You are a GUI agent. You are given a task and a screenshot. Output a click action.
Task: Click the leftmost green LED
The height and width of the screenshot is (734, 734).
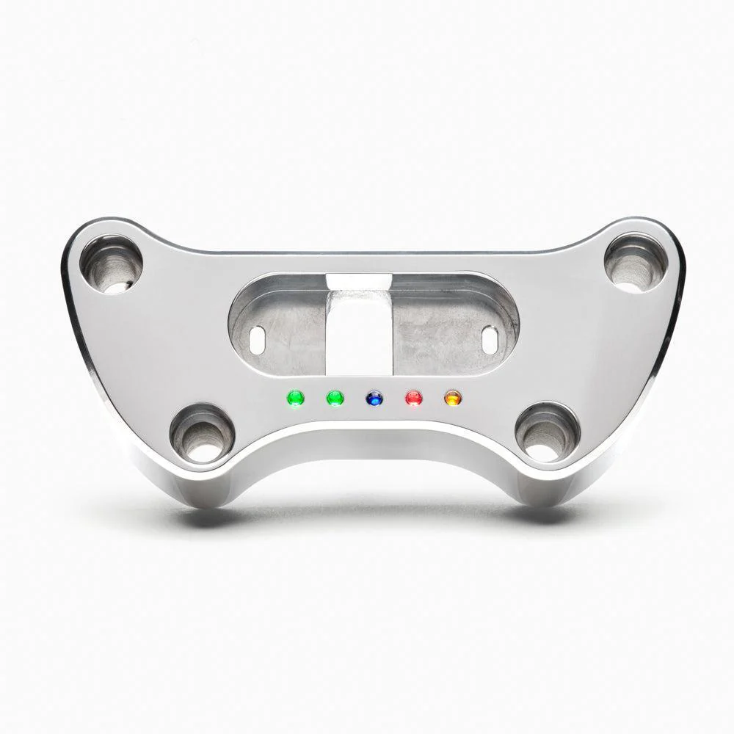coord(296,399)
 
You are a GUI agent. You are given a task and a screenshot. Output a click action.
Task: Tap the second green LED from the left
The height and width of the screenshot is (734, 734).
coord(335,399)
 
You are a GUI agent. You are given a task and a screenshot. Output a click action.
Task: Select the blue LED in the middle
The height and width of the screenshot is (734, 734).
coord(374,399)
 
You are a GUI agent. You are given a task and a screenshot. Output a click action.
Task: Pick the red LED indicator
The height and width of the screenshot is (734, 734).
coord(414,399)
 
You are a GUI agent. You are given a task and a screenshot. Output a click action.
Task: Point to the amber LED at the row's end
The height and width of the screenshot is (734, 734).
coord(453,399)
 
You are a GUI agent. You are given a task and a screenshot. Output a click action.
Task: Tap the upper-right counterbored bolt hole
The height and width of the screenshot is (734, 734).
coord(636,262)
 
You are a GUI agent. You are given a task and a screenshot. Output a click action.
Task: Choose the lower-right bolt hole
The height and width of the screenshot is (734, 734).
coord(547,431)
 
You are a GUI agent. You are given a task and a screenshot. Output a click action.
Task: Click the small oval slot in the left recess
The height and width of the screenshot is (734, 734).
coord(258,337)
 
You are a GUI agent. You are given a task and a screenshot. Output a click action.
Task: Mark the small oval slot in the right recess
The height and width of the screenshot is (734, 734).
coord(490,337)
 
